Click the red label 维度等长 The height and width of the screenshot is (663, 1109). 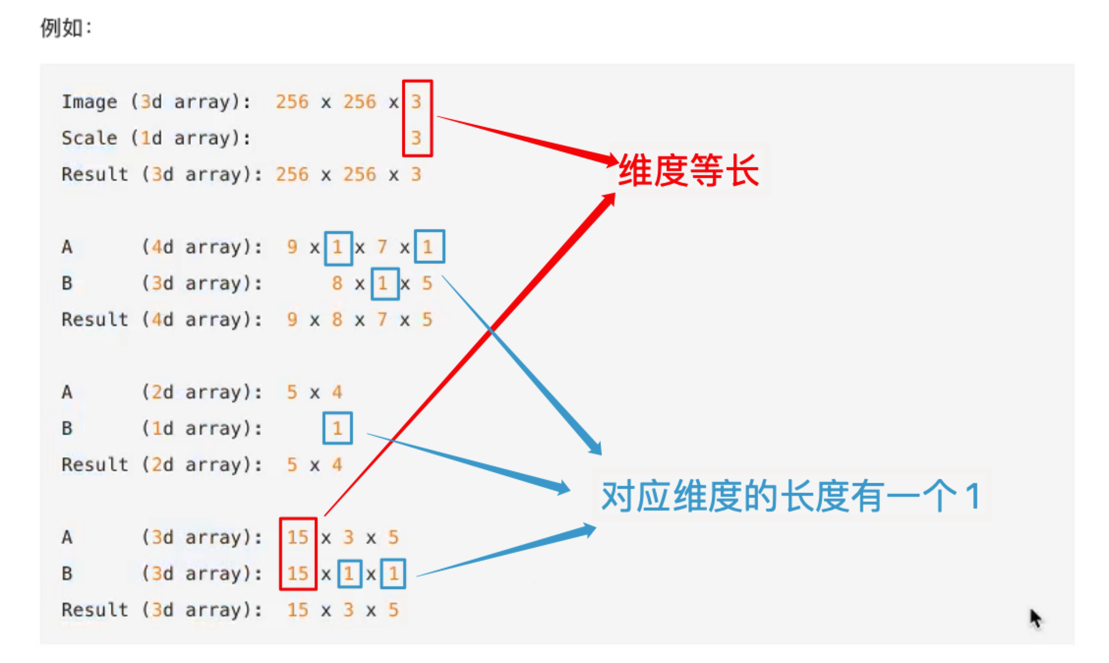coord(688,170)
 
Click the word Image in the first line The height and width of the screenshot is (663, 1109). coord(89,102)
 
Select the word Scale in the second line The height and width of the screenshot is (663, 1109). coord(89,138)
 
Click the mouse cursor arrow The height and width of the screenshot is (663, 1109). coord(1035,618)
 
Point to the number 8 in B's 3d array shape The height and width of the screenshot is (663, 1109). coord(337,283)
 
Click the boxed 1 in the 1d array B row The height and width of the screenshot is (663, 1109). coord(337,428)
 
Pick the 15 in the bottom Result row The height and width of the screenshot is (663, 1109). coord(297,610)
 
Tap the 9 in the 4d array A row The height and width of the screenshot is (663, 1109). coord(292,247)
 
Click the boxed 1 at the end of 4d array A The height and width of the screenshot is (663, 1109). coord(429,247)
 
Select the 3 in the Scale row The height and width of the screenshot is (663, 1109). coord(416,138)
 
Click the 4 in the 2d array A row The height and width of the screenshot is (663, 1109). coord(337,392)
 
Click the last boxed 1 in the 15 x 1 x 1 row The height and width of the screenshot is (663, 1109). coord(393,573)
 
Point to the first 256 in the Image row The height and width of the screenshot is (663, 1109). coord(292,102)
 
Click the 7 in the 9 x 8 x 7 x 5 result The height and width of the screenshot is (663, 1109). coord(382,320)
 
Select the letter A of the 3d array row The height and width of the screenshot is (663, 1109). coord(67,537)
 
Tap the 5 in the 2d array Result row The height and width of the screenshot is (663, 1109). coord(292,465)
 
